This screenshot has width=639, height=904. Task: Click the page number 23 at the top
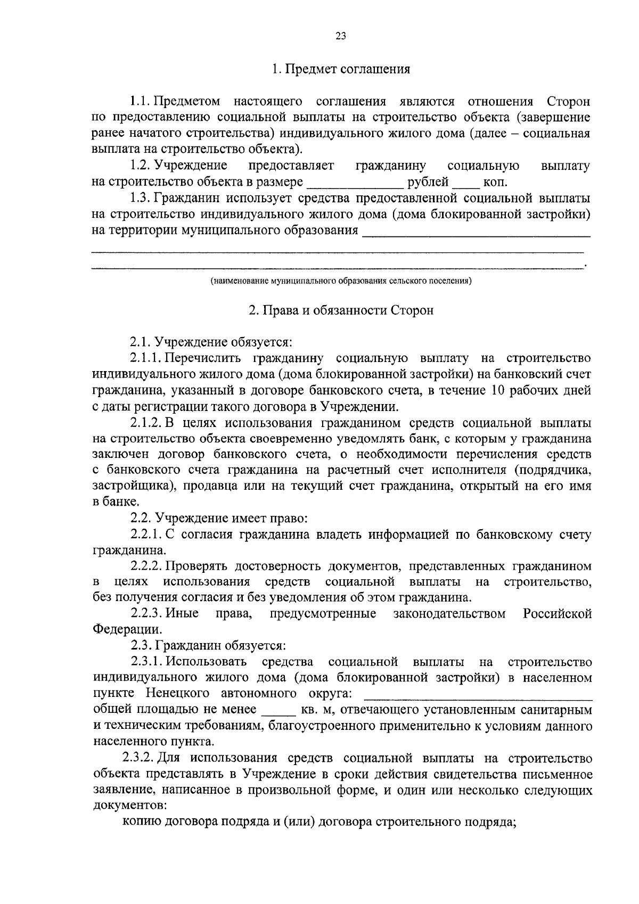coord(341,36)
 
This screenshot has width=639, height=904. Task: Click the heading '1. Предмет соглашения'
coord(341,69)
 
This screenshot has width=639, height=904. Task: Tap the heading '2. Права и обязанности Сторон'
coord(341,310)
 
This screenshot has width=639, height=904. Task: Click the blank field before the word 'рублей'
coord(355,183)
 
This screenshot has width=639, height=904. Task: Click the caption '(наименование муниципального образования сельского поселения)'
coord(341,281)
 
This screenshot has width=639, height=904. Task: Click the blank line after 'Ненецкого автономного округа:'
coord(478,695)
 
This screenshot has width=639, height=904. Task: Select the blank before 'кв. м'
coord(278,711)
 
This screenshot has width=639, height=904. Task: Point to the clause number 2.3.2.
coord(138,758)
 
